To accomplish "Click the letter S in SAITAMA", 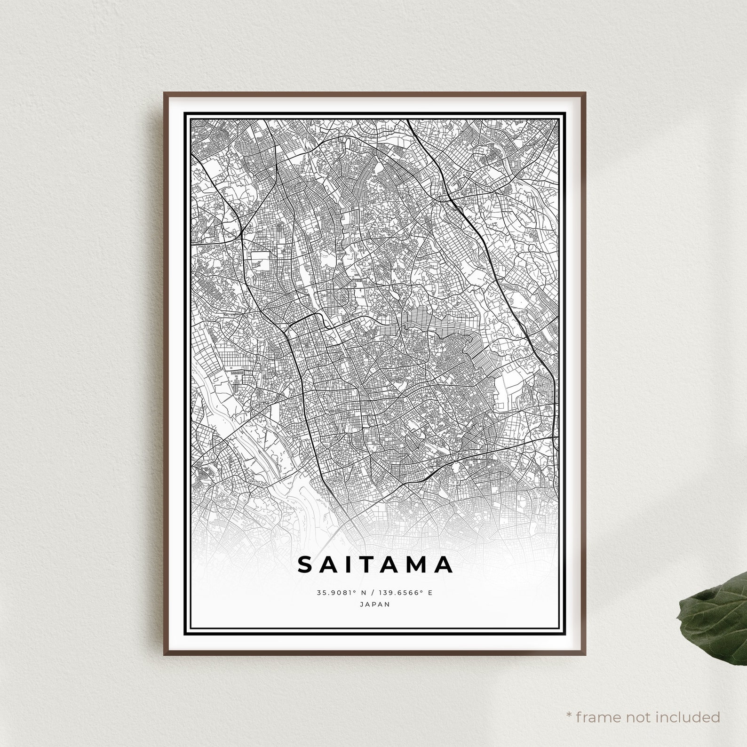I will (305, 564).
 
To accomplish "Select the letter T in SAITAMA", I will (368, 564).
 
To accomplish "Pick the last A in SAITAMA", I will (445, 564).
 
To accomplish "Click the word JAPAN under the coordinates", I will (374, 604).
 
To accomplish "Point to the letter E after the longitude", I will (429, 593).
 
